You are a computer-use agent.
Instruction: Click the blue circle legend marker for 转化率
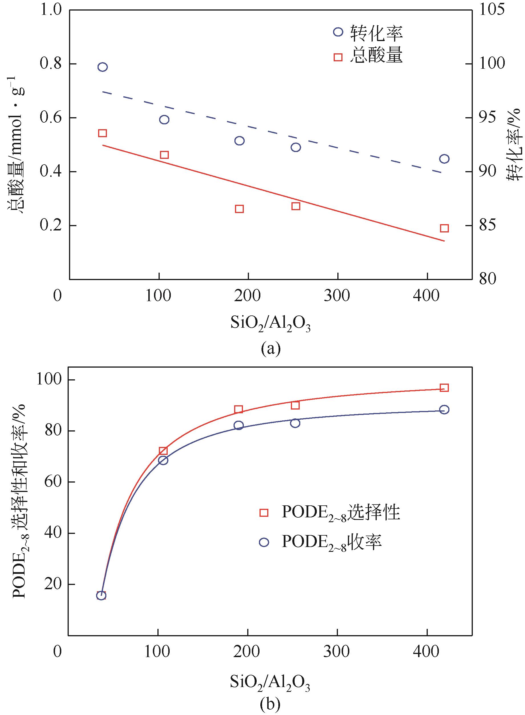338,32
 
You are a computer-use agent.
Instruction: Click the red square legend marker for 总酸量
338,57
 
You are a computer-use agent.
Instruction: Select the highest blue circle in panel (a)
102,67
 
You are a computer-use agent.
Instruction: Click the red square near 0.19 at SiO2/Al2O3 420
444,228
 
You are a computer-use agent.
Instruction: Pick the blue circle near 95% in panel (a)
164,119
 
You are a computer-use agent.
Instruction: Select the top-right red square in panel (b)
444,388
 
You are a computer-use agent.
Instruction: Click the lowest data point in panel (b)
101,595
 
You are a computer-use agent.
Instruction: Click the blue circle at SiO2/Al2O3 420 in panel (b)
445,410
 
